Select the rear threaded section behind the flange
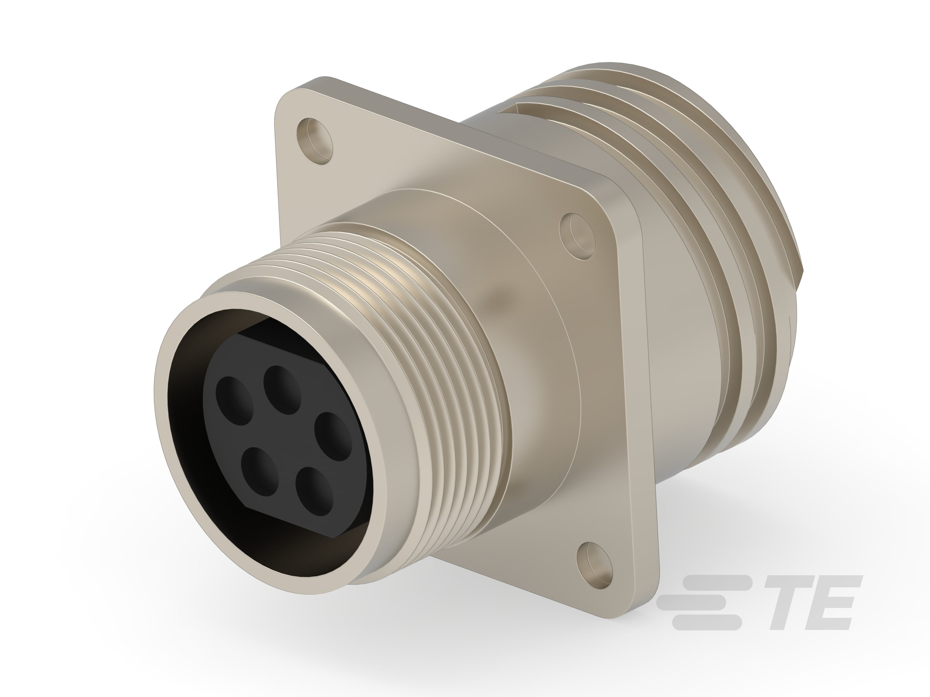[x=715, y=252]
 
